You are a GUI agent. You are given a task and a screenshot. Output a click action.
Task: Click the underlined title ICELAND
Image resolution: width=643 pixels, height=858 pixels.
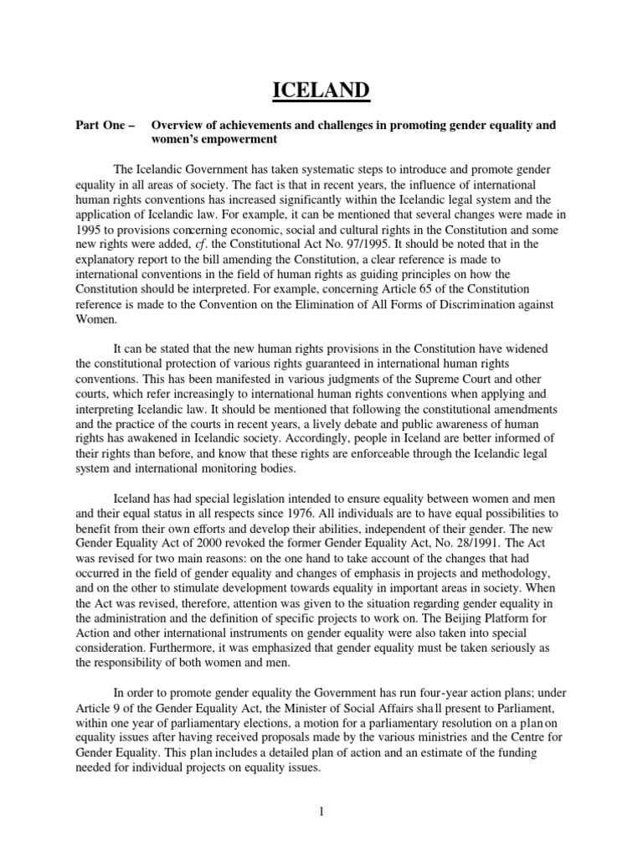(321, 89)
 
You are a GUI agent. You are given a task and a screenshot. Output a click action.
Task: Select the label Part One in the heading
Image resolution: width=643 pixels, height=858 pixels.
(100, 126)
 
